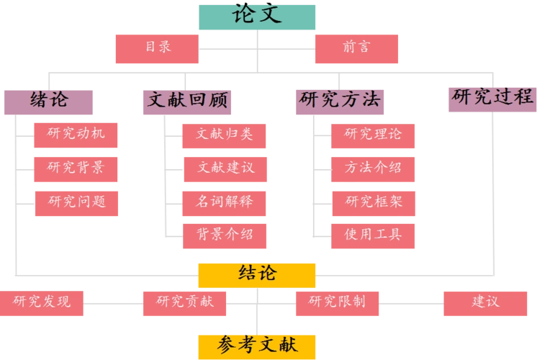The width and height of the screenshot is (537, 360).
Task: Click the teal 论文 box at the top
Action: (x=256, y=17)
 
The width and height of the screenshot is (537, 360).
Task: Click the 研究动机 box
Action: (x=76, y=135)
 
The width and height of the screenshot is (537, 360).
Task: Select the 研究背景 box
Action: (x=76, y=168)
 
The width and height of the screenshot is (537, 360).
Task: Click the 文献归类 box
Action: (x=226, y=135)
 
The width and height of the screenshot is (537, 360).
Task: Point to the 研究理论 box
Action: (x=374, y=135)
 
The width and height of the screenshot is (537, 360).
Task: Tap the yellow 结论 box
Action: (x=256, y=274)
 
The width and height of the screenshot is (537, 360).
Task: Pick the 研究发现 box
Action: (x=42, y=302)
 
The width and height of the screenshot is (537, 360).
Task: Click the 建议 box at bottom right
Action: (x=486, y=302)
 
